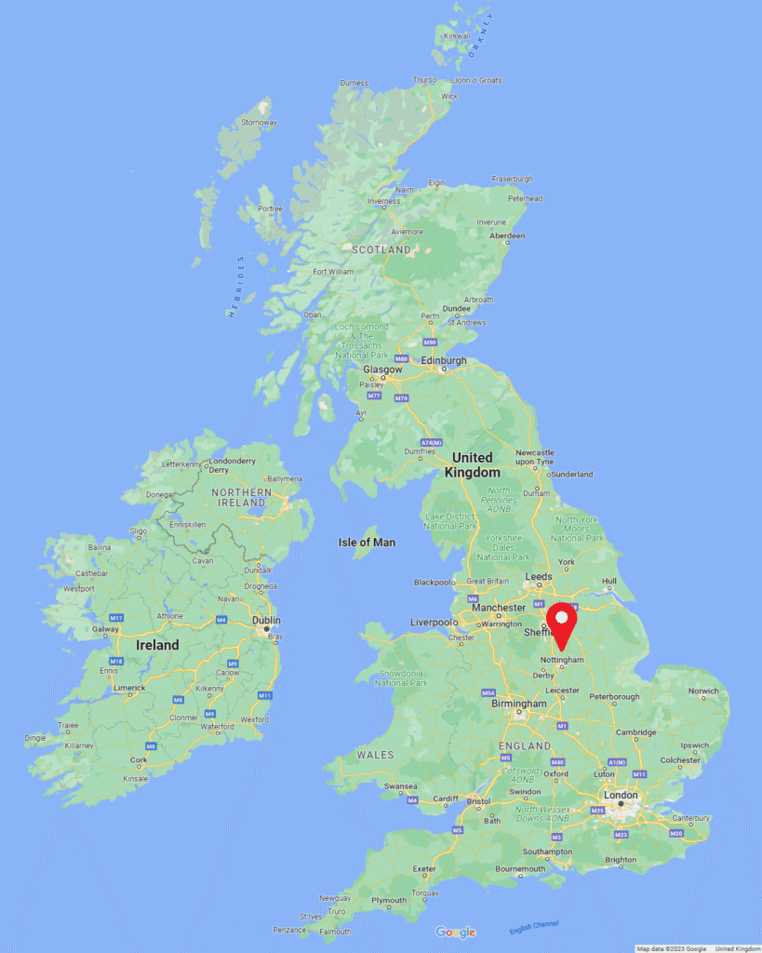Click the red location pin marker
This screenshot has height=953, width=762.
pyautogui.click(x=561, y=623)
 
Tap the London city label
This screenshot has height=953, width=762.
pyautogui.click(x=621, y=795)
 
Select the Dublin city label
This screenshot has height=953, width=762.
pyautogui.click(x=265, y=620)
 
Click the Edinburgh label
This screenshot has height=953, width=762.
pyautogui.click(x=444, y=360)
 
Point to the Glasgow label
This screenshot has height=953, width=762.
pyautogui.click(x=382, y=369)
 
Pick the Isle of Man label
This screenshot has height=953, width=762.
pyautogui.click(x=367, y=543)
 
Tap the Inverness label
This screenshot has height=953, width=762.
pyautogui.click(x=384, y=201)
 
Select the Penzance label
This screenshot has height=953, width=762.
pyautogui.click(x=289, y=930)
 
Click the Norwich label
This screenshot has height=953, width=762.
pyautogui.click(x=703, y=691)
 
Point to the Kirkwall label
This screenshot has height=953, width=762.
pyautogui.click(x=457, y=36)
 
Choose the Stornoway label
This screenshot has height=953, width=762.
pyautogui.click(x=259, y=123)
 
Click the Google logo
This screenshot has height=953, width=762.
pyautogui.click(x=455, y=933)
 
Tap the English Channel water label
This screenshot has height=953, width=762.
pyautogui.click(x=534, y=926)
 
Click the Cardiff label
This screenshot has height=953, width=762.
pyautogui.click(x=446, y=799)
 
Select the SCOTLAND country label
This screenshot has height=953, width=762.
pyautogui.click(x=381, y=249)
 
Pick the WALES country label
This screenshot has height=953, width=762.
pyautogui.click(x=376, y=755)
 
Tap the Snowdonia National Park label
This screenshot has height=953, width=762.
pyautogui.click(x=400, y=678)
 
